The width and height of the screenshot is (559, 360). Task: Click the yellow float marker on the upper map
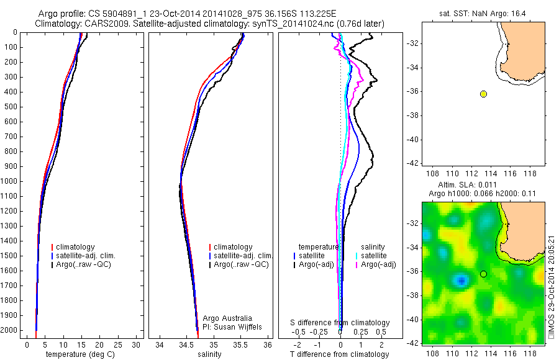pos(483,94)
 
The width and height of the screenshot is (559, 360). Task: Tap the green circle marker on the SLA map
pos(483,274)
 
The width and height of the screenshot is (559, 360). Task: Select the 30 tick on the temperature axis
pos(136,344)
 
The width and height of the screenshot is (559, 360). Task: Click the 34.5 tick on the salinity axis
pos(186,344)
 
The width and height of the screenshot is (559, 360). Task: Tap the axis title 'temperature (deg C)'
pos(81,354)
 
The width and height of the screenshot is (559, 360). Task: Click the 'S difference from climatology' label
pos(340,323)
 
